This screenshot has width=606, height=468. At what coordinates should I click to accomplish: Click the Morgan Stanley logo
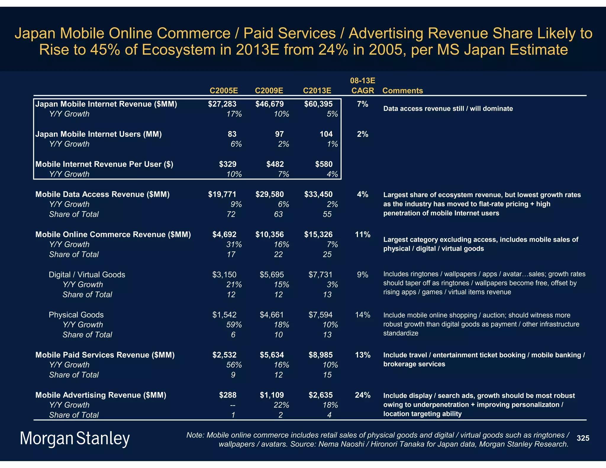click(x=75, y=438)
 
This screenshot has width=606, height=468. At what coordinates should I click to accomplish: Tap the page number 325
click(x=583, y=438)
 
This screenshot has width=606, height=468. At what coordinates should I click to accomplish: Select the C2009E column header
click(x=269, y=91)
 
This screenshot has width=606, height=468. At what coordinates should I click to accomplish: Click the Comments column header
click(x=402, y=91)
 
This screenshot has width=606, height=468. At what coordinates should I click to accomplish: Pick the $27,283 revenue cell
click(x=222, y=104)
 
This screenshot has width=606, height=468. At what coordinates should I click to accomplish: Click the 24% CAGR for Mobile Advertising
click(x=362, y=395)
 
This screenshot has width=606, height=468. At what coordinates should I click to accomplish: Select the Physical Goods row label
click(x=76, y=315)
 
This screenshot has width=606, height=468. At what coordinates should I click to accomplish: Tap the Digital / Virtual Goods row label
click(x=87, y=275)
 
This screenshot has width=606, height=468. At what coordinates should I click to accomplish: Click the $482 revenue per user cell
click(x=275, y=164)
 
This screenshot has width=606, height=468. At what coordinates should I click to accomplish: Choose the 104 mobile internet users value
click(x=326, y=134)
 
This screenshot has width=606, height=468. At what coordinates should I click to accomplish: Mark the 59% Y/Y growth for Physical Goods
click(x=234, y=325)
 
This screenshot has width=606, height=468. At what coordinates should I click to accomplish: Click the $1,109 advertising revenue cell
click(x=272, y=395)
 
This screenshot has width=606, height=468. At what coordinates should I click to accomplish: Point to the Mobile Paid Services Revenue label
click(x=105, y=355)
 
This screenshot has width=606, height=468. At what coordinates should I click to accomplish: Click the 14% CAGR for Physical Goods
click(x=362, y=315)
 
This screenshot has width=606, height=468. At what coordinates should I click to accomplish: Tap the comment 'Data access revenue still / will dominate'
click(x=448, y=109)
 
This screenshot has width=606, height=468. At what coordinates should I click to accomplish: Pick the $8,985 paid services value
click(x=320, y=355)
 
